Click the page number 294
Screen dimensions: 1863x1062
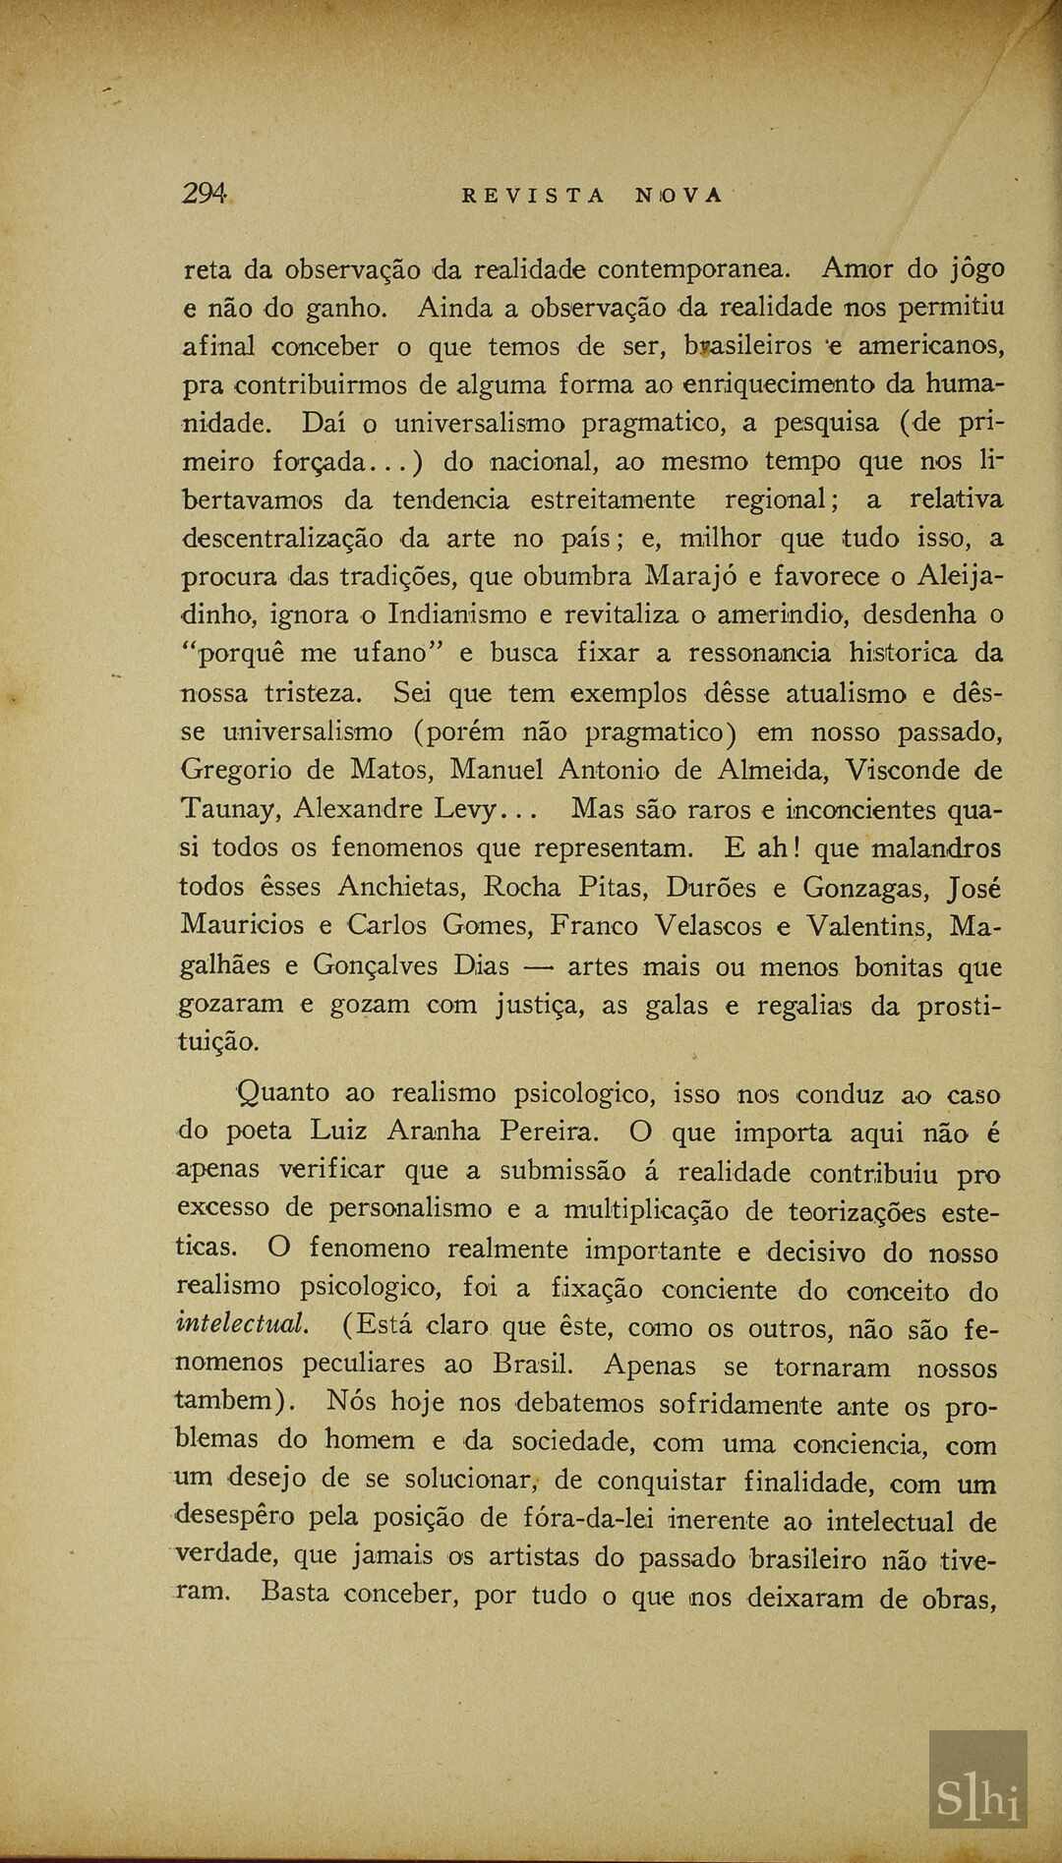pyautogui.click(x=205, y=194)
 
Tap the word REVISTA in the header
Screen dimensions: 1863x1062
pyautogui.click(x=534, y=195)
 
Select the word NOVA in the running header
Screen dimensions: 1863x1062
pyautogui.click(x=678, y=195)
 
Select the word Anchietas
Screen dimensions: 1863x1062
pyautogui.click(x=401, y=888)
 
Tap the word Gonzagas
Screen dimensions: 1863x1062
pyautogui.click(x=866, y=888)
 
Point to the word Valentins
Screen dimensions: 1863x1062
pyautogui.click(x=868, y=926)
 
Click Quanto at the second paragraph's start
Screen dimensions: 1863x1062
pyautogui.click(x=284, y=1092)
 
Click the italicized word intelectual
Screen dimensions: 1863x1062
pyautogui.click(x=242, y=1324)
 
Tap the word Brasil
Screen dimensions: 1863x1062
pyautogui.click(x=533, y=1365)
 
